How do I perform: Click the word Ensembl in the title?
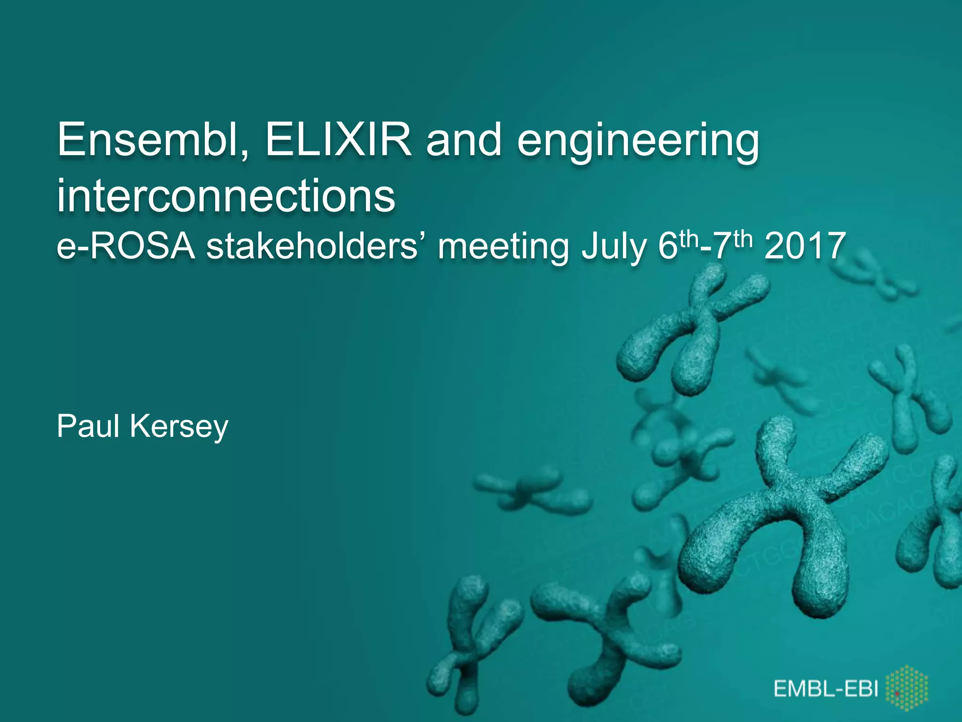(x=153, y=140)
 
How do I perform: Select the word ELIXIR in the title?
(x=338, y=140)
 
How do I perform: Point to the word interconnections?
(x=226, y=196)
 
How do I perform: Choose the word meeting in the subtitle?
(x=503, y=247)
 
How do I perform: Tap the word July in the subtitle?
(x=613, y=247)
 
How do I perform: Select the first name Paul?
(x=88, y=426)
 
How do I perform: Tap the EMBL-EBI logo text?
(x=826, y=689)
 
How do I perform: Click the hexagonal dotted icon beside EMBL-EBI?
(x=907, y=690)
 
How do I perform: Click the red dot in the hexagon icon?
(x=897, y=694)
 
